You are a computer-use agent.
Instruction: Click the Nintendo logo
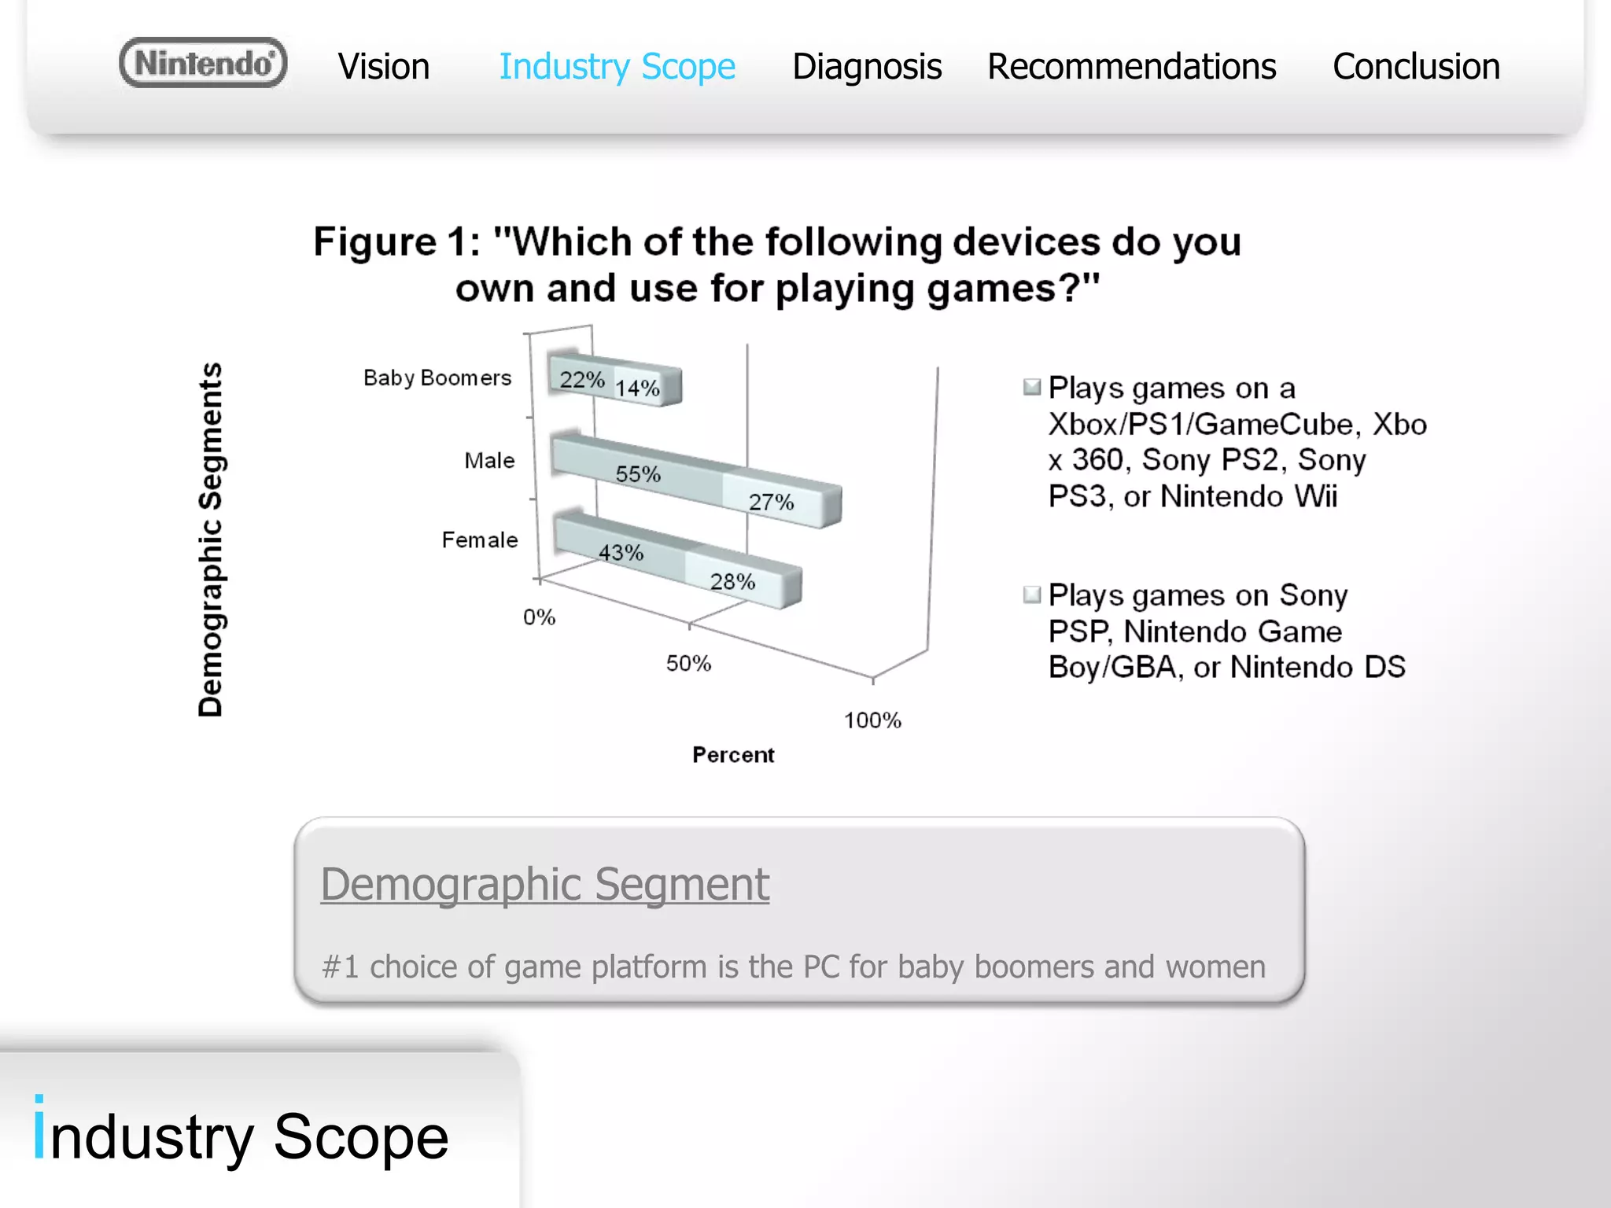(x=203, y=63)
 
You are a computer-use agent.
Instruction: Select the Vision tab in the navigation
(x=384, y=67)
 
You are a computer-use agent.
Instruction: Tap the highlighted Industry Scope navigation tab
(x=617, y=67)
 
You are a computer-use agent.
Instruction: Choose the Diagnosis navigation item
(x=867, y=67)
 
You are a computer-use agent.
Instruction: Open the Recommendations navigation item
(x=1131, y=67)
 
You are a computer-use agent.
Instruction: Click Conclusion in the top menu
(x=1416, y=67)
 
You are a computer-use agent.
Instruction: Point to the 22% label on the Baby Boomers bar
(x=582, y=380)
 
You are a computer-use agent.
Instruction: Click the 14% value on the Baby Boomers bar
(x=637, y=388)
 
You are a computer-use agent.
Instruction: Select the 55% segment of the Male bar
(x=638, y=473)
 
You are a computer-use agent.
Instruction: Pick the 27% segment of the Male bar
(x=772, y=502)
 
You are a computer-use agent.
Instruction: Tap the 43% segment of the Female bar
(x=621, y=552)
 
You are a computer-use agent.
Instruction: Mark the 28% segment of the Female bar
(x=733, y=581)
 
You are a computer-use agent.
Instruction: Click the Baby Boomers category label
(x=437, y=378)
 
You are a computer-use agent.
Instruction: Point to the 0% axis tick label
(x=540, y=617)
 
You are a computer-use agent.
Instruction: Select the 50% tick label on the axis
(x=688, y=664)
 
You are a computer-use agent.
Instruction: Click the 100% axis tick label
(x=872, y=720)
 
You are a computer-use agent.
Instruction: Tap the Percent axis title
(x=733, y=755)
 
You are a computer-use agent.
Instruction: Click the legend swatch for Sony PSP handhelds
(x=1032, y=594)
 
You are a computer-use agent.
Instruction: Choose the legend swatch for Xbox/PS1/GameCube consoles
(x=1032, y=386)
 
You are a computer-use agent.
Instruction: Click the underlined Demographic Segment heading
(x=544, y=884)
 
